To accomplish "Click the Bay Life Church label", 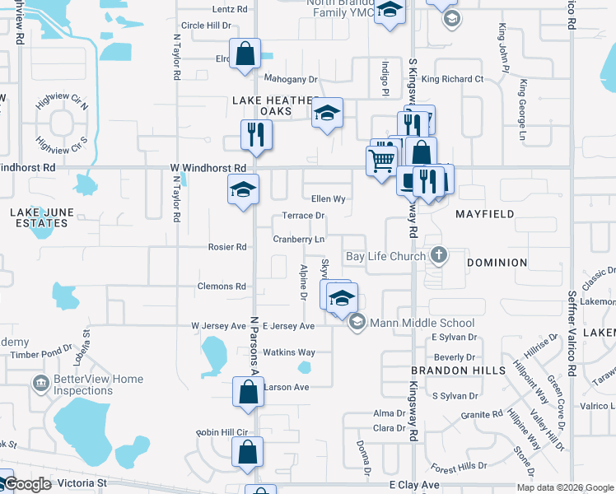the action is coord(385,256).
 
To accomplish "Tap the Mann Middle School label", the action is coord(422,323).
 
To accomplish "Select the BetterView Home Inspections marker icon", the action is coord(39,383).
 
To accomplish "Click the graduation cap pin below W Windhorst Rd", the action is coord(243,189).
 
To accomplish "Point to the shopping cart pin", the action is coord(381,161).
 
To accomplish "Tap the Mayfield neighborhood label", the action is coord(485,214).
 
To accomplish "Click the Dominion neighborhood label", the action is coord(497,263).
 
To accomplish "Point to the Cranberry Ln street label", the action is coord(298,240).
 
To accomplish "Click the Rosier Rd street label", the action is coord(227,247).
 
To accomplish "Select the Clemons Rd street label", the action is coord(222,287).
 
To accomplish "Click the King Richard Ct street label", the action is coord(452,79).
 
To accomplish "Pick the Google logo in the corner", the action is coord(27,484).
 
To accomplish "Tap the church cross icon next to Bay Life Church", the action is coord(439,255).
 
